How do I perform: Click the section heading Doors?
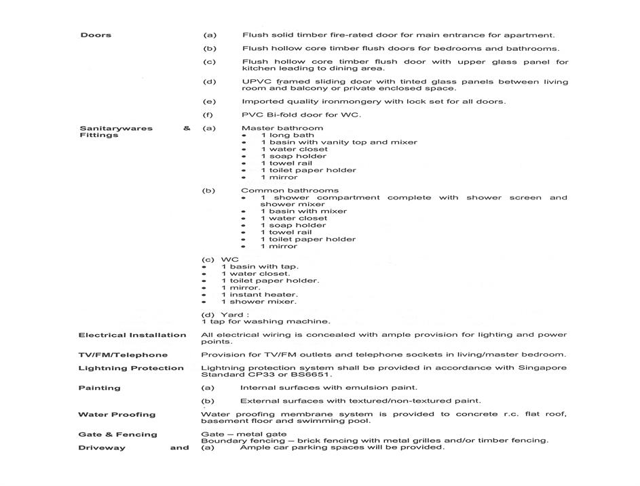point(96,35)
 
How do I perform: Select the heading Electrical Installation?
point(132,335)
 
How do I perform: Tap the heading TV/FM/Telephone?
point(123,355)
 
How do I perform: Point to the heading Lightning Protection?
point(131,369)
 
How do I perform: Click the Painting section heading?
point(99,388)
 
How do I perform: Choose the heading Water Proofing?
point(117,415)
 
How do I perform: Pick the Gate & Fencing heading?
point(117,434)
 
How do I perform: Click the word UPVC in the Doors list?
point(253,82)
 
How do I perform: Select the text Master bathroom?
point(282,128)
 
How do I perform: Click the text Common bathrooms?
point(290,190)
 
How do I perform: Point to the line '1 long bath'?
point(287,136)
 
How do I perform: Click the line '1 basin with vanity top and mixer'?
point(339,142)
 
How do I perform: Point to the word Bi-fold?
point(279,115)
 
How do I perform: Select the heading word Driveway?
point(102,448)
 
